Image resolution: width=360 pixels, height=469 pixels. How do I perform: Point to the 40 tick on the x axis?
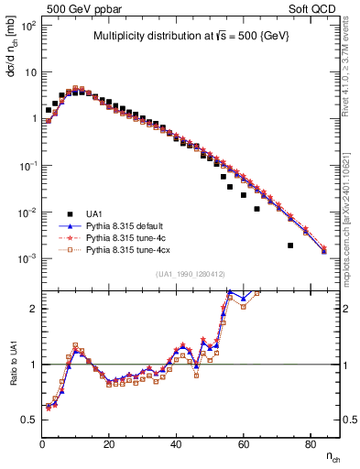(x=176, y=444)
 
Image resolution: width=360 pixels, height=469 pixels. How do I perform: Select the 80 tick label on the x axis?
(x=310, y=444)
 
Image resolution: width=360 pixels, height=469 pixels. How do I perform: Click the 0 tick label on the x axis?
(x=42, y=444)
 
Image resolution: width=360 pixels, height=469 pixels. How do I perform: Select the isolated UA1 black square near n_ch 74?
(x=290, y=245)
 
